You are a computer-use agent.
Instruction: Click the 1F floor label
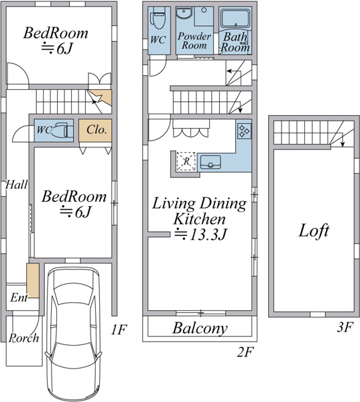(x=119, y=330)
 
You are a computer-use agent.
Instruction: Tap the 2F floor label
(x=245, y=352)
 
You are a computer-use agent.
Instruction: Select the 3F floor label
(x=345, y=327)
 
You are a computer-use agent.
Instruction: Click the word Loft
(x=314, y=230)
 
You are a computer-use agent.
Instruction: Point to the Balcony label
(x=200, y=328)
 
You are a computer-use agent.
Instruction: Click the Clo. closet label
(x=97, y=130)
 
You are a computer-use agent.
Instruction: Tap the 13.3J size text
(x=208, y=234)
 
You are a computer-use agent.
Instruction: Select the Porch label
(x=24, y=338)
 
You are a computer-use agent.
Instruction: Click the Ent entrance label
(x=19, y=297)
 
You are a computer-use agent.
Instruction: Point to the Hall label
(x=16, y=185)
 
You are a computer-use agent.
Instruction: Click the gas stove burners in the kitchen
(x=244, y=131)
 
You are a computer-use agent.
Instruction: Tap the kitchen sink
(x=211, y=162)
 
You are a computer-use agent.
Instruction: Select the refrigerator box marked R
(x=186, y=161)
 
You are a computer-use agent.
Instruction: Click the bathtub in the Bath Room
(x=235, y=18)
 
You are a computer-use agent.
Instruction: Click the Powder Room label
(x=194, y=41)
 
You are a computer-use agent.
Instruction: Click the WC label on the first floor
(x=44, y=130)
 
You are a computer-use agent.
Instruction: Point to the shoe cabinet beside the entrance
(x=33, y=281)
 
